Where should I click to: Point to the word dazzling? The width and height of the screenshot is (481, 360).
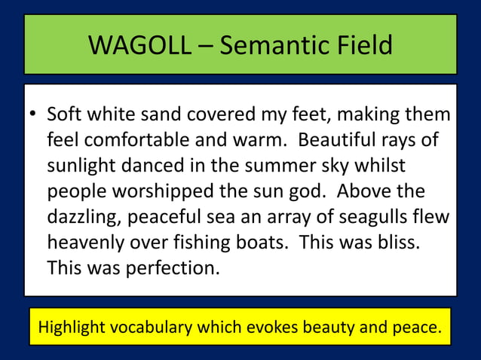click(83, 216)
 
